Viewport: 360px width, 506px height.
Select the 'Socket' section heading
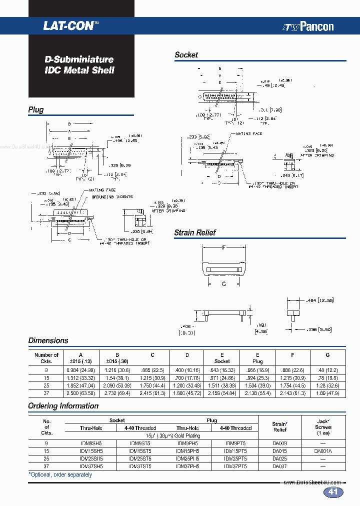(x=186, y=55)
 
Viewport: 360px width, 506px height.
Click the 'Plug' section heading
(x=36, y=110)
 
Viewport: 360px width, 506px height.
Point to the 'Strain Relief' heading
(x=194, y=232)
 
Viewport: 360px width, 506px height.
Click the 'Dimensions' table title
(x=48, y=340)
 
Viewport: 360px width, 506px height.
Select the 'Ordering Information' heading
(x=63, y=406)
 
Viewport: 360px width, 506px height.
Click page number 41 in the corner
(x=333, y=492)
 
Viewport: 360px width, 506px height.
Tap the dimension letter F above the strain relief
(x=223, y=247)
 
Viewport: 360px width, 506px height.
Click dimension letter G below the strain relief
(x=223, y=284)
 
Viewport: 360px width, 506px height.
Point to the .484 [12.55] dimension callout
(x=319, y=300)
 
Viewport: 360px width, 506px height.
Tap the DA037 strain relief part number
(x=280, y=466)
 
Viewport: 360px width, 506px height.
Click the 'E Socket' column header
(x=222, y=358)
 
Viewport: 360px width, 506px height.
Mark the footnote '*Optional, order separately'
(x=60, y=474)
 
